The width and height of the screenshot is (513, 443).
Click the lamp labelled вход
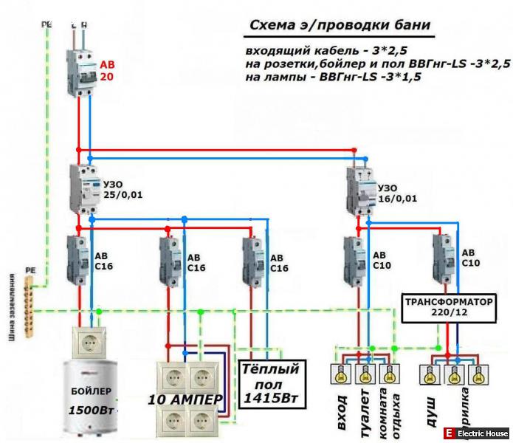342,374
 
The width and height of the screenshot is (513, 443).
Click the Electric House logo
475,433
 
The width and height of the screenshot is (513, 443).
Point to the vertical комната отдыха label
389,413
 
